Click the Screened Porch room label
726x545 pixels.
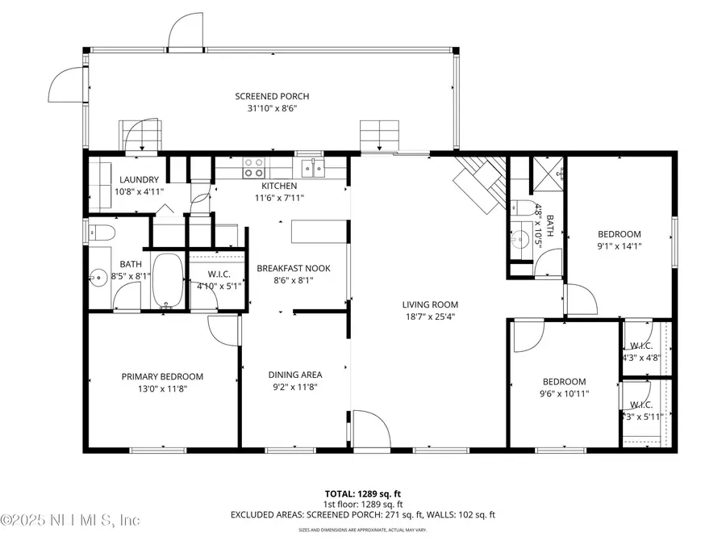coord(272,96)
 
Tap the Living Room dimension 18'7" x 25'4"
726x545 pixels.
coord(430,317)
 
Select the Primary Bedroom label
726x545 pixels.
coord(162,376)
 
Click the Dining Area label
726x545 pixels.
coord(295,375)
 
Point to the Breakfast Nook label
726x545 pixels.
coord(294,268)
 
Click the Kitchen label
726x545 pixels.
coord(278,186)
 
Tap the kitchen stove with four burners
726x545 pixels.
coord(254,167)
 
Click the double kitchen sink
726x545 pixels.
coord(313,167)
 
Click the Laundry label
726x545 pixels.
coord(140,179)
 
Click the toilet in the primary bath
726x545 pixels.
coord(102,234)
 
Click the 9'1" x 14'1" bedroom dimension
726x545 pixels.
coord(619,246)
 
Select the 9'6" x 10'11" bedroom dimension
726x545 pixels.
coord(564,394)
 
